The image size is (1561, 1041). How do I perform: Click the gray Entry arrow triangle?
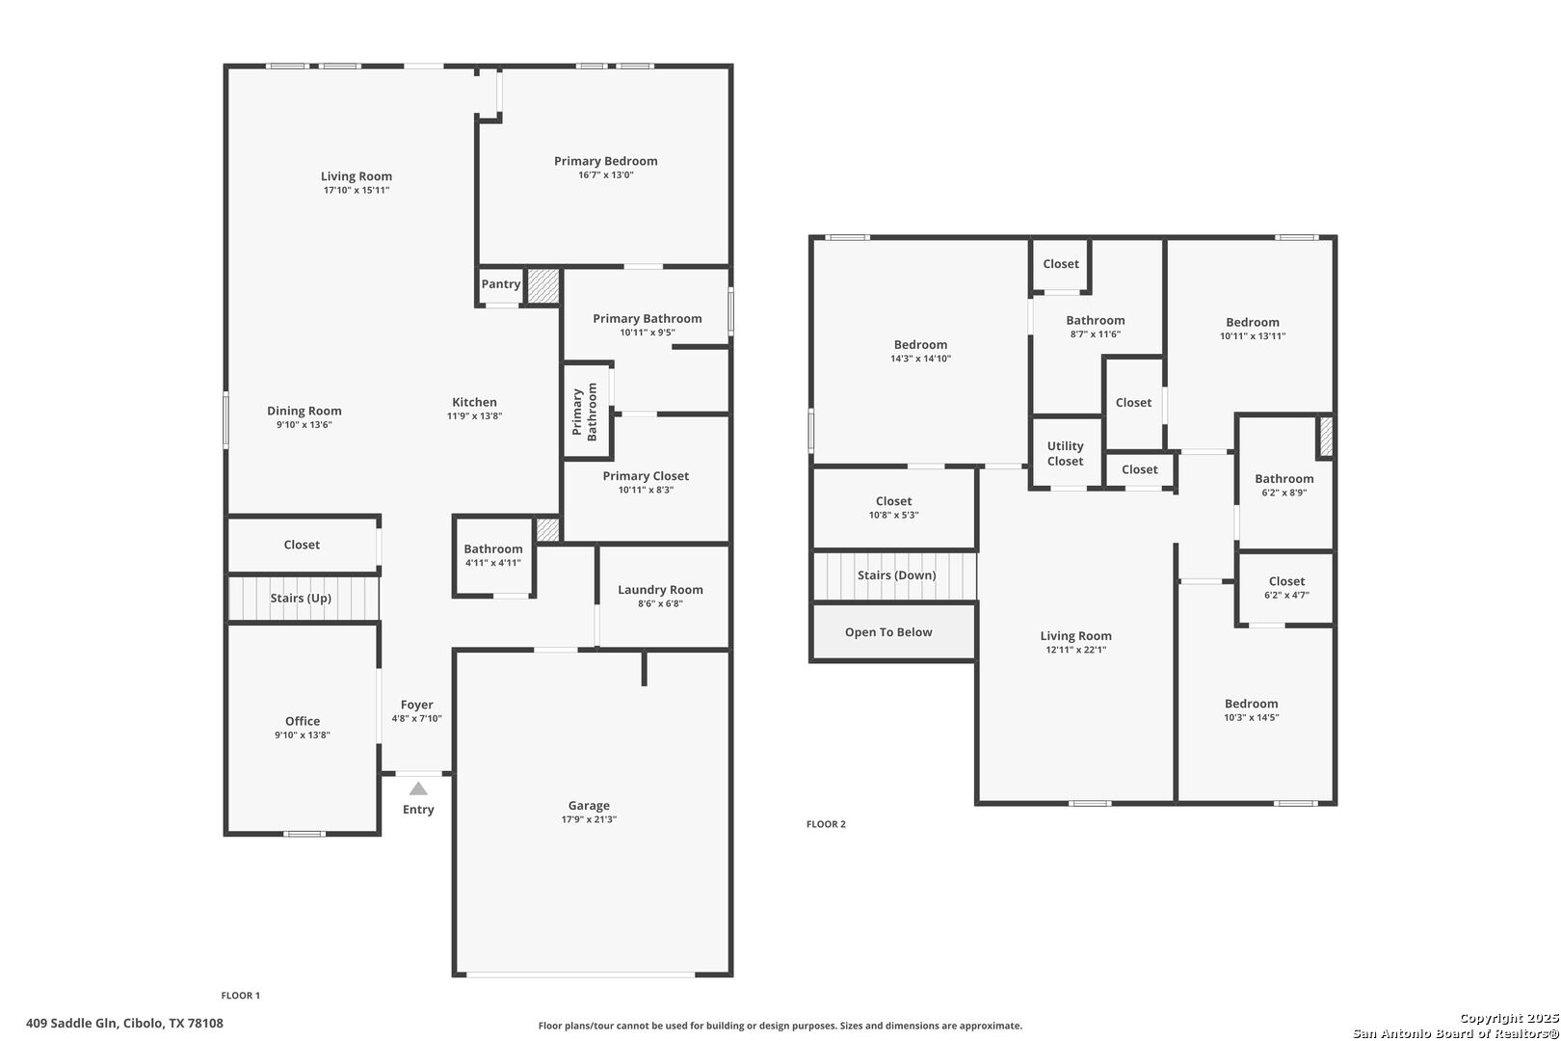[x=418, y=788]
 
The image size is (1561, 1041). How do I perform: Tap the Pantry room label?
[x=500, y=283]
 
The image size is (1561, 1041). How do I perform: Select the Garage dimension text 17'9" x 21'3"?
[x=589, y=819]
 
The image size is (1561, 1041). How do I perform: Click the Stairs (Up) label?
[x=301, y=599]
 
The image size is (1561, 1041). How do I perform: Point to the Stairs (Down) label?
[x=896, y=575]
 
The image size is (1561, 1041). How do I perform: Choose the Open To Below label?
[x=888, y=632]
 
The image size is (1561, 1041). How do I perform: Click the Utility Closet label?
[x=1065, y=453]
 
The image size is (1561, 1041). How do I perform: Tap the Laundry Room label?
[x=660, y=590]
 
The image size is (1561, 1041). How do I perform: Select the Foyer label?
[x=416, y=705]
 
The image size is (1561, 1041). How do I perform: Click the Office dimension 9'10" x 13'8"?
[x=303, y=734]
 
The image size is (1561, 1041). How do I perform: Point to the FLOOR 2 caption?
[x=826, y=824]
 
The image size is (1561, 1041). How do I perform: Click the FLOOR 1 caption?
[x=241, y=996]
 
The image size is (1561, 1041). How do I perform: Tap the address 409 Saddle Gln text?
[x=71, y=1024]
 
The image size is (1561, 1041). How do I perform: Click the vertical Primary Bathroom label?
[x=585, y=412]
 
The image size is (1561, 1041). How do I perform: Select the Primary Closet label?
[x=646, y=476]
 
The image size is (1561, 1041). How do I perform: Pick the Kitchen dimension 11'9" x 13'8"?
[x=475, y=416]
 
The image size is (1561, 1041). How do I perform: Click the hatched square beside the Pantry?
[x=542, y=286]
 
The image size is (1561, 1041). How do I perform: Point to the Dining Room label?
[x=304, y=412]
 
